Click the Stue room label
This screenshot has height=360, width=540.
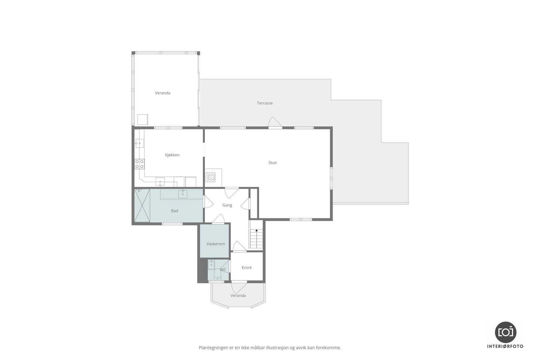click(x=272, y=163)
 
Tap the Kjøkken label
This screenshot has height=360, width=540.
click(x=172, y=155)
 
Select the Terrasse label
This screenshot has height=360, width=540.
click(x=265, y=103)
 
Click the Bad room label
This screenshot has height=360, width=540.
click(x=174, y=211)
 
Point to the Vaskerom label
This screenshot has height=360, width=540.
click(x=215, y=244)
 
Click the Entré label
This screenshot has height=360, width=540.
click(x=247, y=268)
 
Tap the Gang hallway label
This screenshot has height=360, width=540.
click(x=227, y=205)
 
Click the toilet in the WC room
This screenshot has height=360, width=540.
click(x=218, y=274)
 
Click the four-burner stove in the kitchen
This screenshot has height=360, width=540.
click(x=139, y=164)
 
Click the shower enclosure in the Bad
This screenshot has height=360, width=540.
click(x=142, y=205)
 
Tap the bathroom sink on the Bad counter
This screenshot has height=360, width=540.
click(x=183, y=194)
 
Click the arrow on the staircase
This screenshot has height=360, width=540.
click(x=256, y=231)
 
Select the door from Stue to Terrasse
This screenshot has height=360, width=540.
click(x=275, y=123)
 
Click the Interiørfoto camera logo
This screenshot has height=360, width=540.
click(x=506, y=332)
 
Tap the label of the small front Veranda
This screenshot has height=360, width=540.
click(x=238, y=296)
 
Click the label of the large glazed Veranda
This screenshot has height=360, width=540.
click(x=163, y=93)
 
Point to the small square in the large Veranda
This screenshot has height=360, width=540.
click(x=143, y=120)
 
